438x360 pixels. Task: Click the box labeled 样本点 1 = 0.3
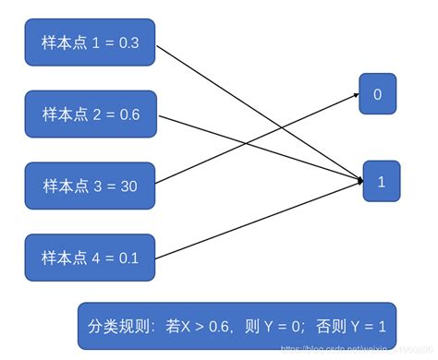[90, 42]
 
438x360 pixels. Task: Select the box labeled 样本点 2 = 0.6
[90, 114]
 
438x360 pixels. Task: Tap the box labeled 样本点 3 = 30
[90, 186]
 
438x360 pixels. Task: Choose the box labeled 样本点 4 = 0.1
[90, 258]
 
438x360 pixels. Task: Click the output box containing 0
[378, 94]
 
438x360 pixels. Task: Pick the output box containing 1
[381, 181]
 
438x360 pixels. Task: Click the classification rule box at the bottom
[237, 326]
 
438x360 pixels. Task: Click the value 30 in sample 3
[128, 186]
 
